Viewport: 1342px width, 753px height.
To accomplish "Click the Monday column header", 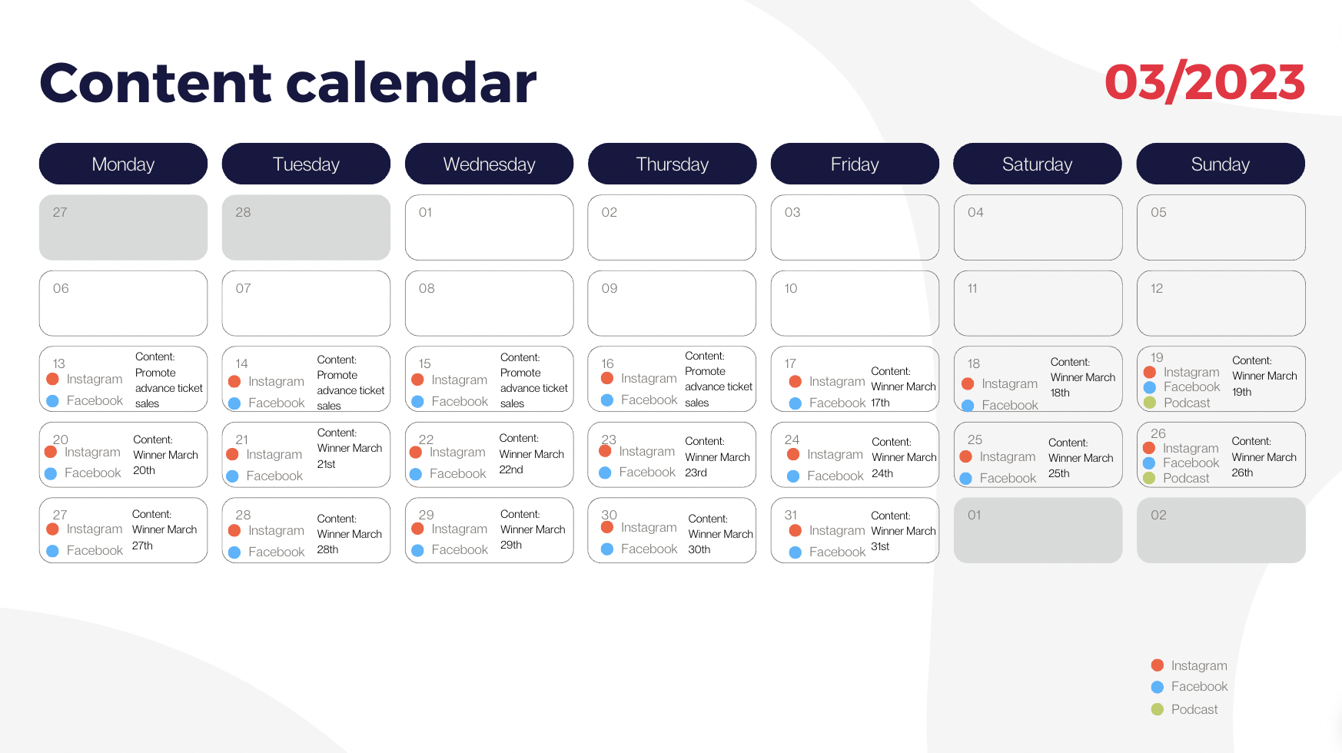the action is pos(123,164).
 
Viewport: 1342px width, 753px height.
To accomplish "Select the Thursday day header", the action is pos(672,164).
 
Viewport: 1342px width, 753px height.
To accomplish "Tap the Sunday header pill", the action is pos(1221,164).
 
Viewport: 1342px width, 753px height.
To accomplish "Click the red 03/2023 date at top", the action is pos(1204,82).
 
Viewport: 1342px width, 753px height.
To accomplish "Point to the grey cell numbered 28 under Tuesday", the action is pos(306,227).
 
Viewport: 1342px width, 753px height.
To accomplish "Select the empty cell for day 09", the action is pos(672,303).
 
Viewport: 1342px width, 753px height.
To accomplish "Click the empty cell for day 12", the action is pos(1221,303).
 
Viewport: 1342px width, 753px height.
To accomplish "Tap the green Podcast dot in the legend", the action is pos(1158,709).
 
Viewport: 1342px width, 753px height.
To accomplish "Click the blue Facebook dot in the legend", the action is pos(1158,687).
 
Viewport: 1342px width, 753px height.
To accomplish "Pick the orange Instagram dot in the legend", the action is pos(1158,665).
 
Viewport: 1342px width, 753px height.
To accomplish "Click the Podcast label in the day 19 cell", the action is pos(1187,403).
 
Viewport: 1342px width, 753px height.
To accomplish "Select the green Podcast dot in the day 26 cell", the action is pos(1149,478).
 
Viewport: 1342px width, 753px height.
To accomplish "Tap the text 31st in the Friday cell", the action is pos(880,546).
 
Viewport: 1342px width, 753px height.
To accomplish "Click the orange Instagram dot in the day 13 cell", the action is pos(53,379).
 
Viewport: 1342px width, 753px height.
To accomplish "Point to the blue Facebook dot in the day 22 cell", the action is pos(416,474).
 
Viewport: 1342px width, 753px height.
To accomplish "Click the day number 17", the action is pos(790,363).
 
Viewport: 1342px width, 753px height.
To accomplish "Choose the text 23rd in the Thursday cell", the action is pos(696,473).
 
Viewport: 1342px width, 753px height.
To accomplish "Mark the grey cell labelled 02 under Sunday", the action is pos(1221,530).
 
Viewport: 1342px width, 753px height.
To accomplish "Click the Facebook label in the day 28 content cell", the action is pos(277,552).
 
